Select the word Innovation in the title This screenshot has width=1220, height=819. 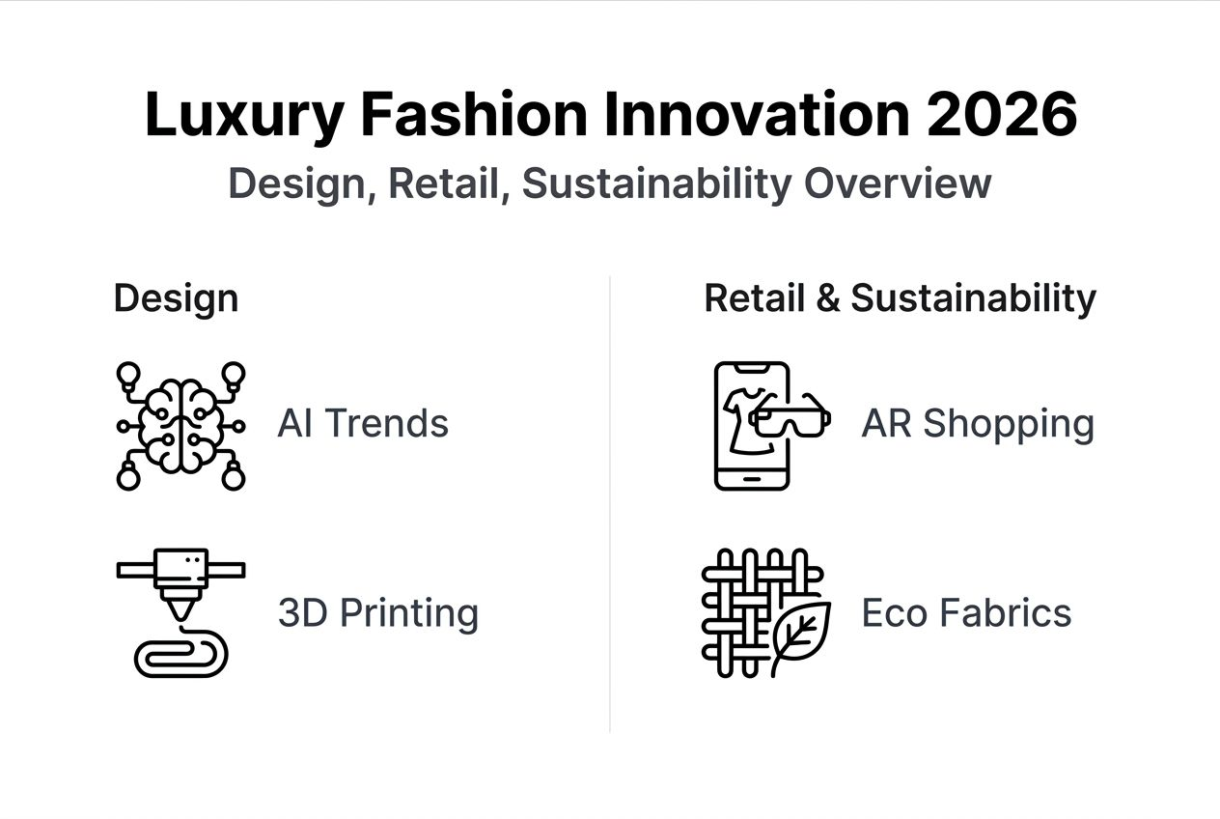[x=756, y=115]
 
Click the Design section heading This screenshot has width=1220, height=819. [x=176, y=298]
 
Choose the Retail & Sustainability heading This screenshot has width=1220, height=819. [x=900, y=298]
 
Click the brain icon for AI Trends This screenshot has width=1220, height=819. [x=180, y=425]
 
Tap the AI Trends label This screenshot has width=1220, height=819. [x=363, y=424]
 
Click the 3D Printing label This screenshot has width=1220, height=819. [x=378, y=613]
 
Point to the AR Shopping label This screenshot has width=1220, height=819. [x=978, y=424]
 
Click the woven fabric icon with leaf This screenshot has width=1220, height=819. [x=762, y=612]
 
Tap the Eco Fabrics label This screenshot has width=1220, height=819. [x=966, y=613]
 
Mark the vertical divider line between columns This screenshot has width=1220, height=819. [x=610, y=502]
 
